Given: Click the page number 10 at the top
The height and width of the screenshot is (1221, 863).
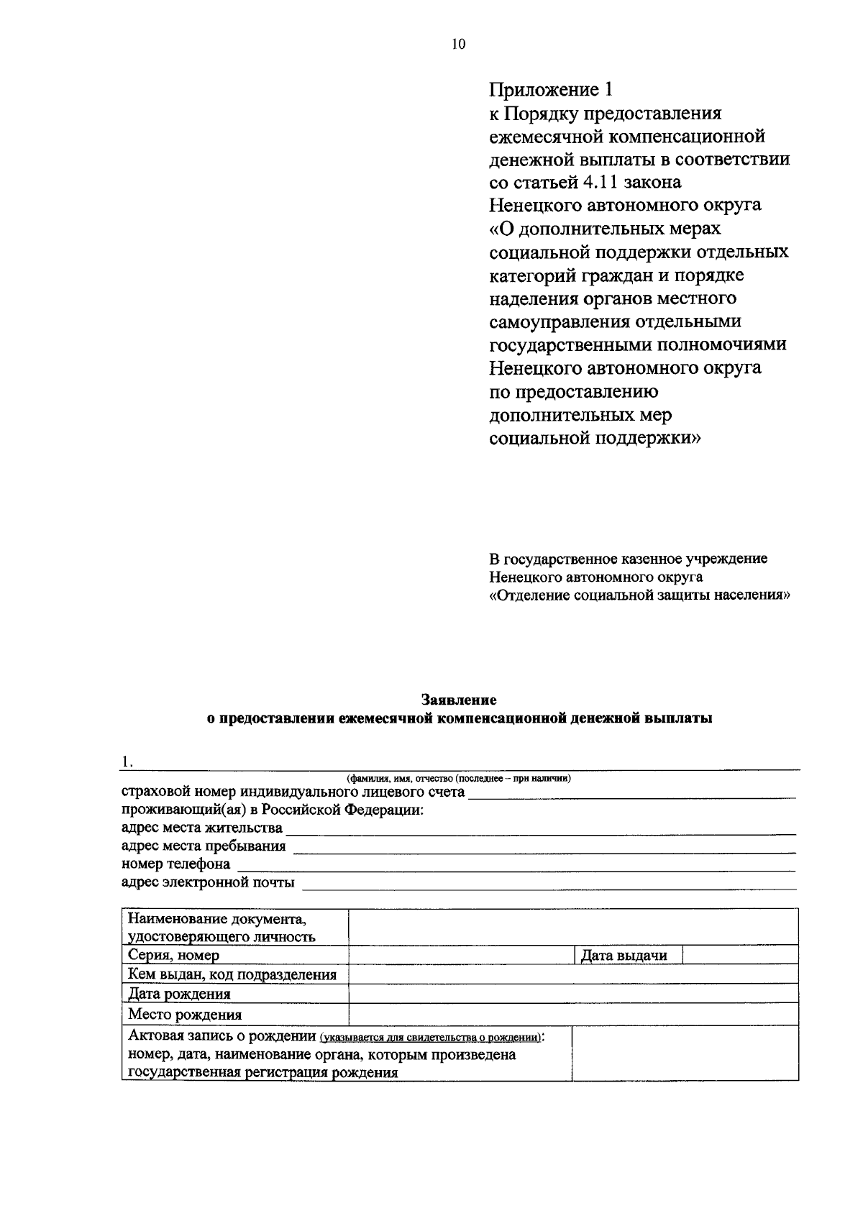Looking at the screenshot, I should click(x=459, y=45).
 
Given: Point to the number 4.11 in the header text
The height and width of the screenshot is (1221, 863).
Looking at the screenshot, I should click(x=594, y=182).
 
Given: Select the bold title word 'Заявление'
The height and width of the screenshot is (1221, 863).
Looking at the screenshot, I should click(x=459, y=700).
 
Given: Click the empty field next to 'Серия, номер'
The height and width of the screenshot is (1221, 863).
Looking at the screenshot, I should click(x=461, y=955).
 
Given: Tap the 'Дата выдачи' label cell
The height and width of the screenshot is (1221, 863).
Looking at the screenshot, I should click(x=624, y=956).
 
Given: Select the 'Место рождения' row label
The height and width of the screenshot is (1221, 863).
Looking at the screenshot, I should click(x=185, y=1015).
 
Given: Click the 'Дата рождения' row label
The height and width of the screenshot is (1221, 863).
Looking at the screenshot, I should click(x=179, y=994).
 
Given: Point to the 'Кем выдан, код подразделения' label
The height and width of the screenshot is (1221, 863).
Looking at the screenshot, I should click(x=232, y=975).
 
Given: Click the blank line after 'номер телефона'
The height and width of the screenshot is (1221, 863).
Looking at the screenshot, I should click(x=516, y=866).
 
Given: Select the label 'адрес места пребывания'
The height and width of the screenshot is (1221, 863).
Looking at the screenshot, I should click(x=204, y=846).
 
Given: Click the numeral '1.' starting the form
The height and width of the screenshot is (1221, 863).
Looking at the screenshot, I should click(x=127, y=762).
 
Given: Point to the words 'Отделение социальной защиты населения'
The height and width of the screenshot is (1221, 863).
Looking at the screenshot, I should click(x=639, y=595).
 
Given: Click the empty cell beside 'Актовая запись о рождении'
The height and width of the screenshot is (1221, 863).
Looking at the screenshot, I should click(x=685, y=1053).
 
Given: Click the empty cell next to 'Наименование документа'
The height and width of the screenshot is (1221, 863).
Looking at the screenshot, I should click(x=572, y=927).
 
